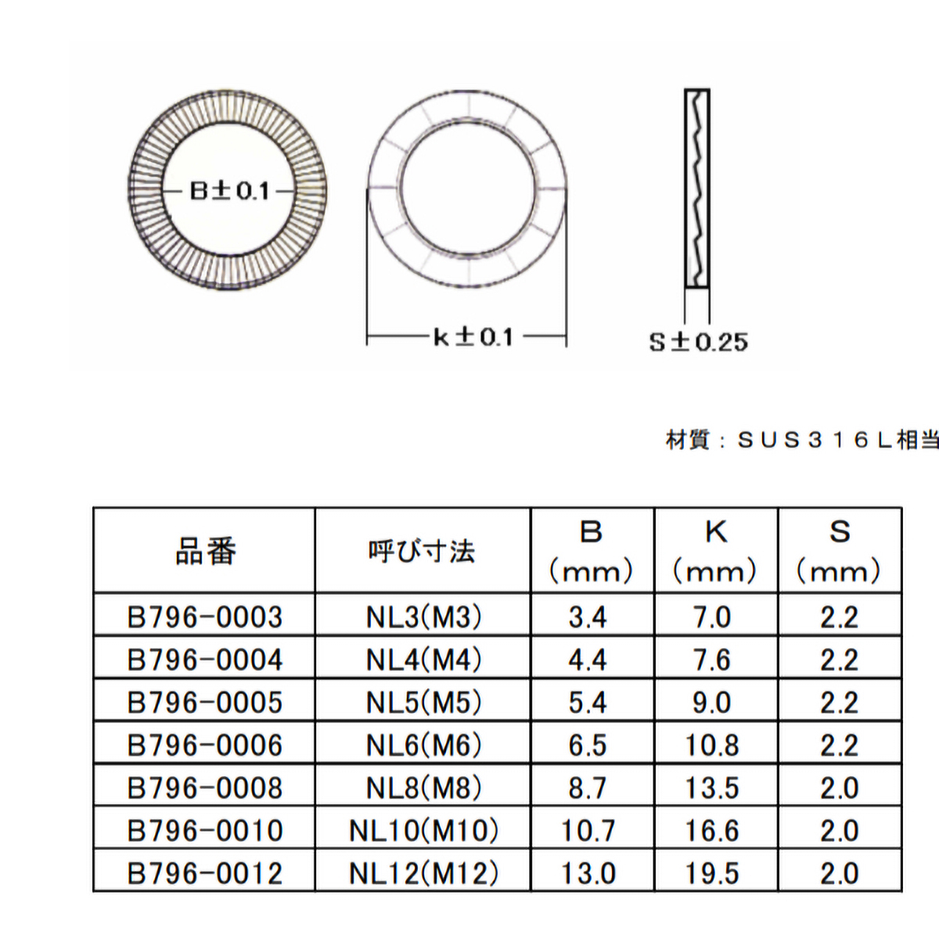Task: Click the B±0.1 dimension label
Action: pos(229,191)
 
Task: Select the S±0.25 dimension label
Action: pos(698,342)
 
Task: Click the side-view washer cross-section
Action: pos(697,188)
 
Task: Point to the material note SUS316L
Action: pos(801,440)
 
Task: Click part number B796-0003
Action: pos(205,617)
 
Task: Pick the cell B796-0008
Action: pos(205,787)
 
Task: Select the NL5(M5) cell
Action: pos(423,702)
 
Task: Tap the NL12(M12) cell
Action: pos(423,872)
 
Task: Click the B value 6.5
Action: pos(588,745)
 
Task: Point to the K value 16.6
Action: pos(712,830)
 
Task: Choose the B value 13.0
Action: pos(588,872)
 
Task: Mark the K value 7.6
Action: pos(712,660)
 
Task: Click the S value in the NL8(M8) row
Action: pos(839,787)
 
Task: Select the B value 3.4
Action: pos(588,617)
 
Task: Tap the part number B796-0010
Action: pos(205,830)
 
